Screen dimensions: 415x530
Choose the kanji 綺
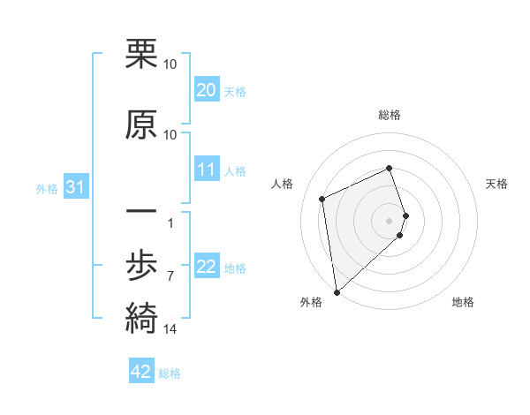pyautogui.click(x=141, y=316)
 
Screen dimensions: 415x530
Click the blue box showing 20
pyautogui.click(x=206, y=90)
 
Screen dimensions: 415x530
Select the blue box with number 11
pyautogui.click(x=206, y=170)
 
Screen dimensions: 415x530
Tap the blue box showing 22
pyautogui.click(x=206, y=267)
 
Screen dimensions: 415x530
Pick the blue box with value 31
pyautogui.click(x=76, y=187)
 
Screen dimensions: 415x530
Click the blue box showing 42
pyautogui.click(x=141, y=372)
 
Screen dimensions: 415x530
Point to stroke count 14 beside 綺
pyautogui.click(x=170, y=329)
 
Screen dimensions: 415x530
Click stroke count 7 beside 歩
pyautogui.click(x=170, y=276)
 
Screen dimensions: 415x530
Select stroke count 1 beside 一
pyautogui.click(x=170, y=222)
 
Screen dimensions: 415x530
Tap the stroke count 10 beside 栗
pyautogui.click(x=170, y=64)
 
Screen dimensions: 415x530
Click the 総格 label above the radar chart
pyautogui.click(x=390, y=115)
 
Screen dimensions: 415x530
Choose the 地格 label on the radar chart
pyautogui.click(x=463, y=302)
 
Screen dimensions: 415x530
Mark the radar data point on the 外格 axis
pyautogui.click(x=336, y=292)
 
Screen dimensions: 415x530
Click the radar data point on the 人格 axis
pyautogui.click(x=322, y=199)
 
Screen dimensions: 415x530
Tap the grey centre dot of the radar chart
pyautogui.click(x=390, y=219)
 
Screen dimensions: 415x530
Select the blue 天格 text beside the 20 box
pyautogui.click(x=235, y=91)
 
